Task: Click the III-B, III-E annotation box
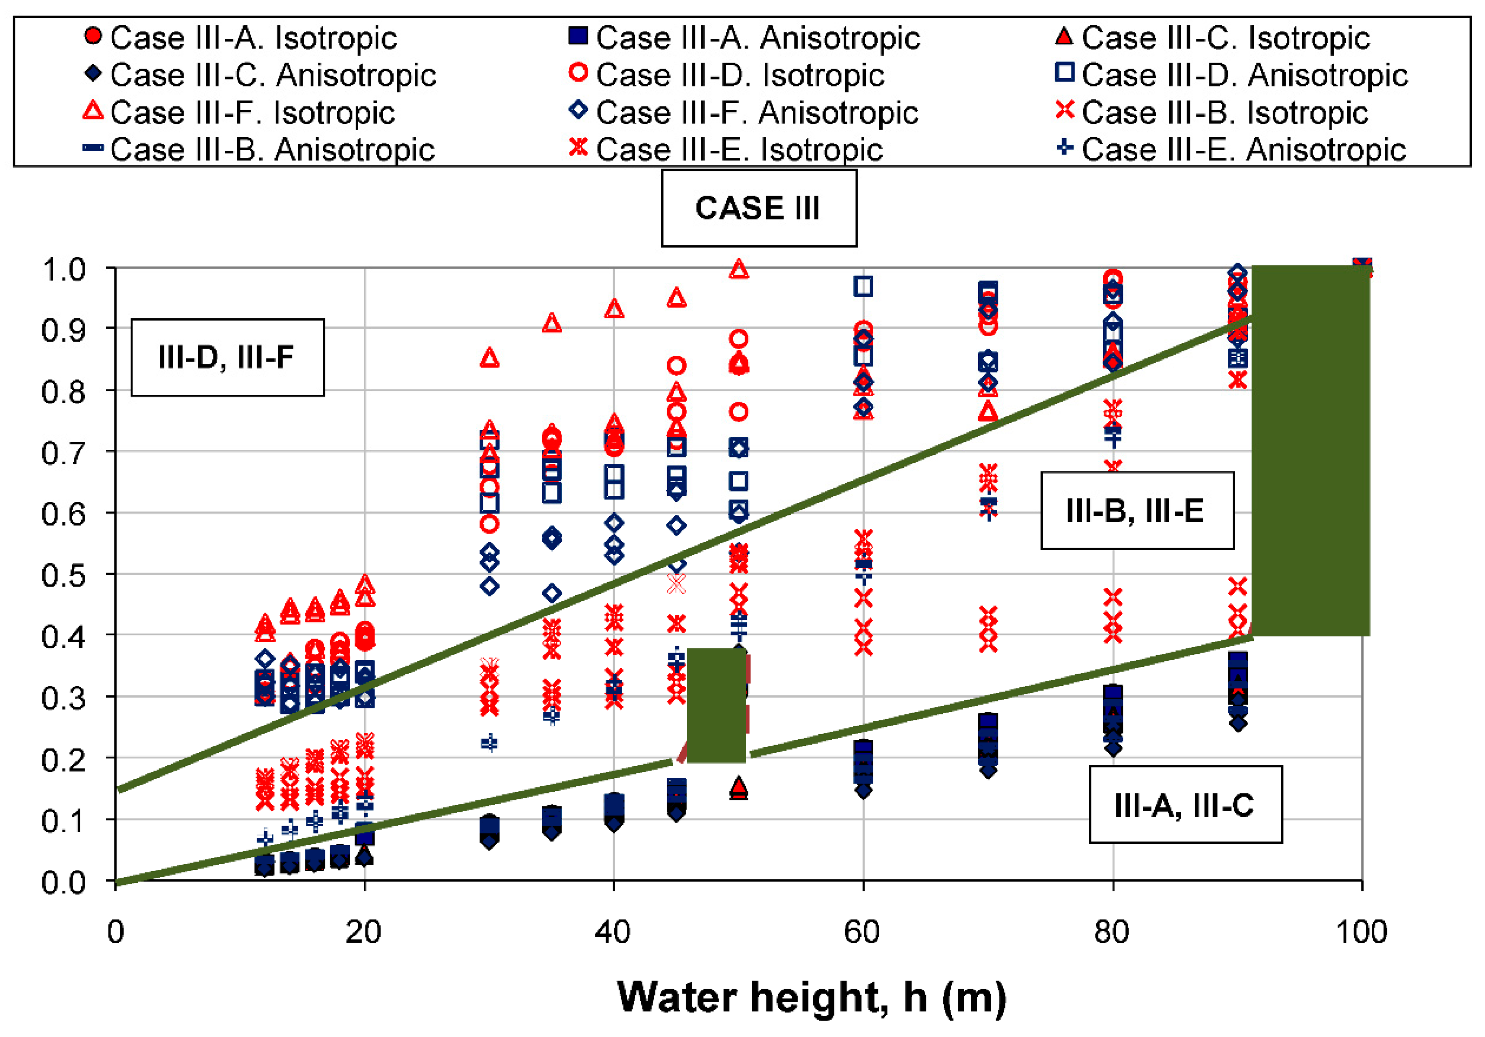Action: point(1136,511)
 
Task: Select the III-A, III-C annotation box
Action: point(1185,804)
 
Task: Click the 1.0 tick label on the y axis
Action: point(64,269)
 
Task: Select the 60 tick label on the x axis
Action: point(863,932)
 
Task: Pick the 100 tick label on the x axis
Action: point(1361,932)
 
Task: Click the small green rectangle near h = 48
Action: point(716,705)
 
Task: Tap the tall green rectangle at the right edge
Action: point(1310,450)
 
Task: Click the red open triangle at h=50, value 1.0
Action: point(739,270)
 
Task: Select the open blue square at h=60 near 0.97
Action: point(863,286)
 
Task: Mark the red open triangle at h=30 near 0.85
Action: point(490,358)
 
